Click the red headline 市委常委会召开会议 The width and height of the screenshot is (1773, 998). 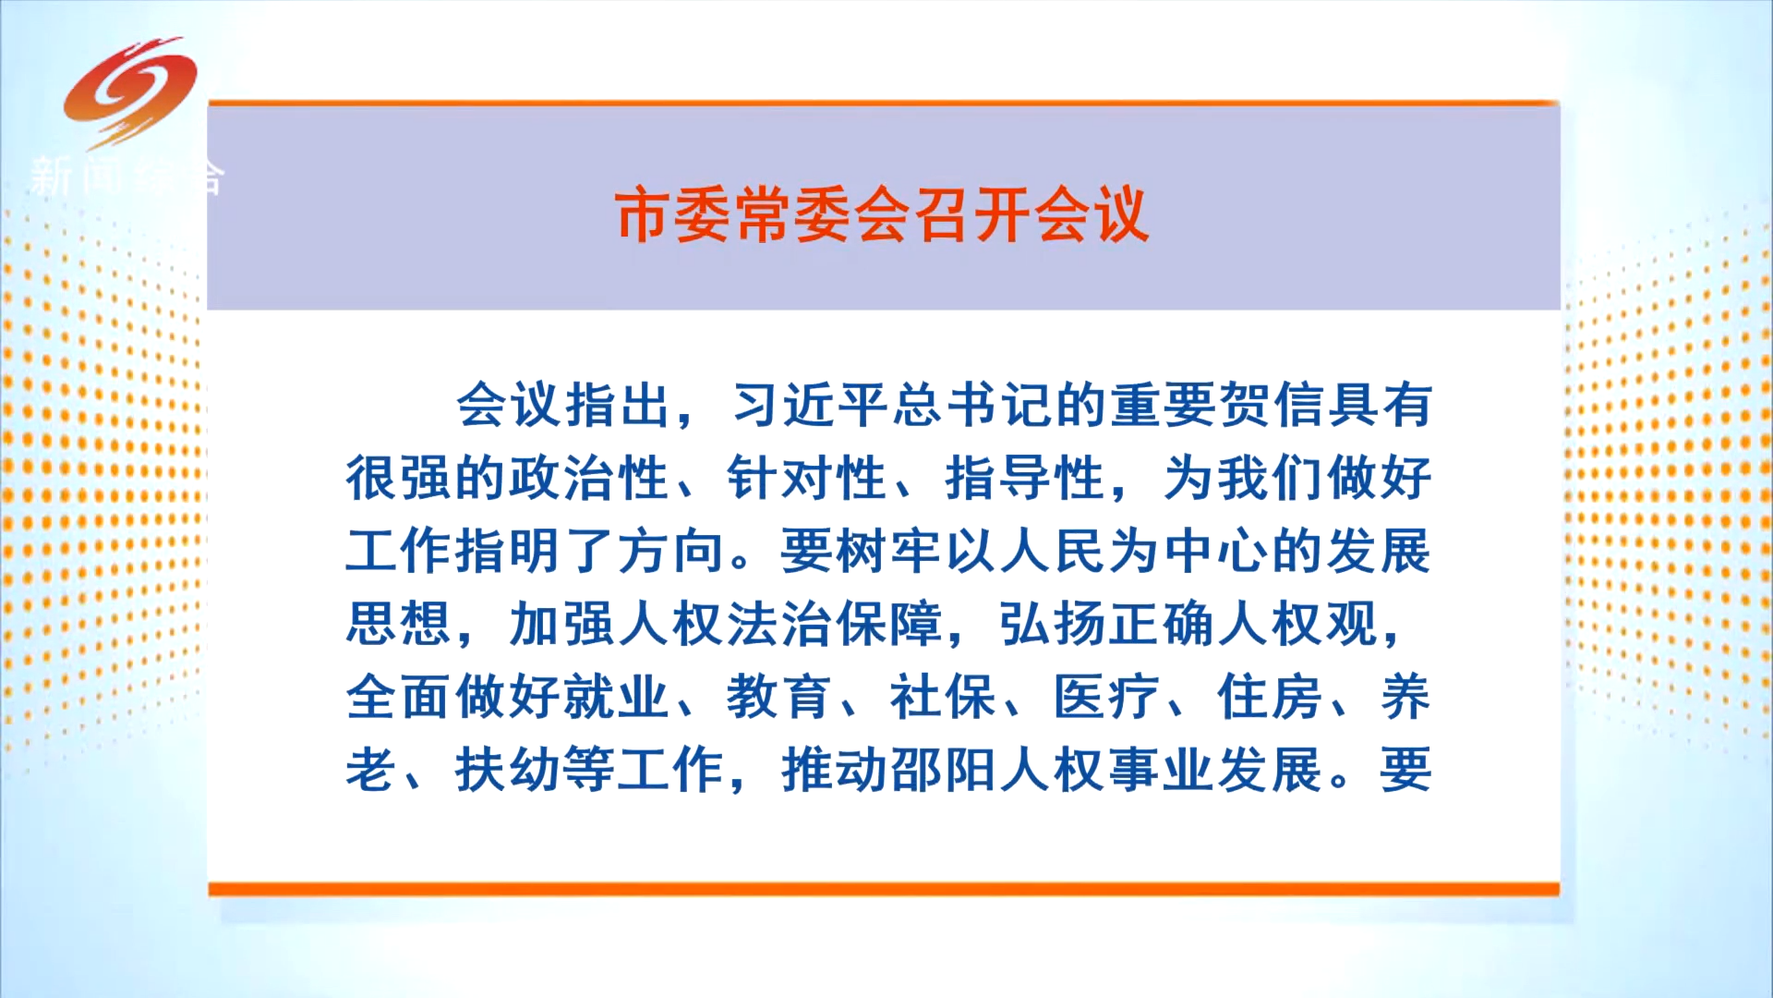pos(882,215)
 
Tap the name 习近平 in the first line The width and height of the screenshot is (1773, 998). pos(810,405)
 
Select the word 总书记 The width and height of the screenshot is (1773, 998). pos(973,405)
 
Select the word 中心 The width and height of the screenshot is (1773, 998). pos(1217,551)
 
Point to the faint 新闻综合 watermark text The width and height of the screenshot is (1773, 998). pos(127,176)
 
